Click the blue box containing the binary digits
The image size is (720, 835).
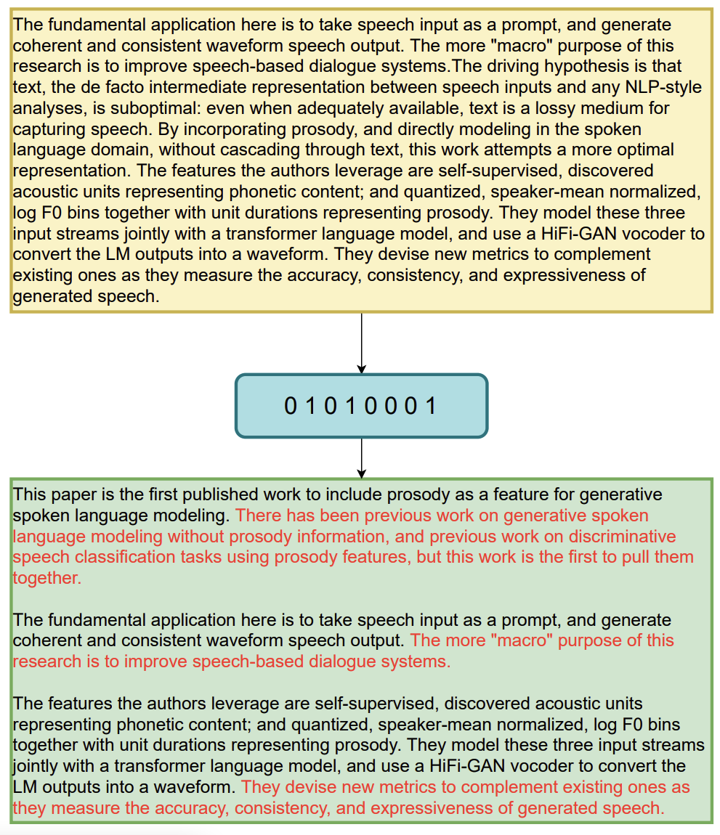(x=361, y=405)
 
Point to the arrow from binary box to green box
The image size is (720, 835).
(x=361, y=457)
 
